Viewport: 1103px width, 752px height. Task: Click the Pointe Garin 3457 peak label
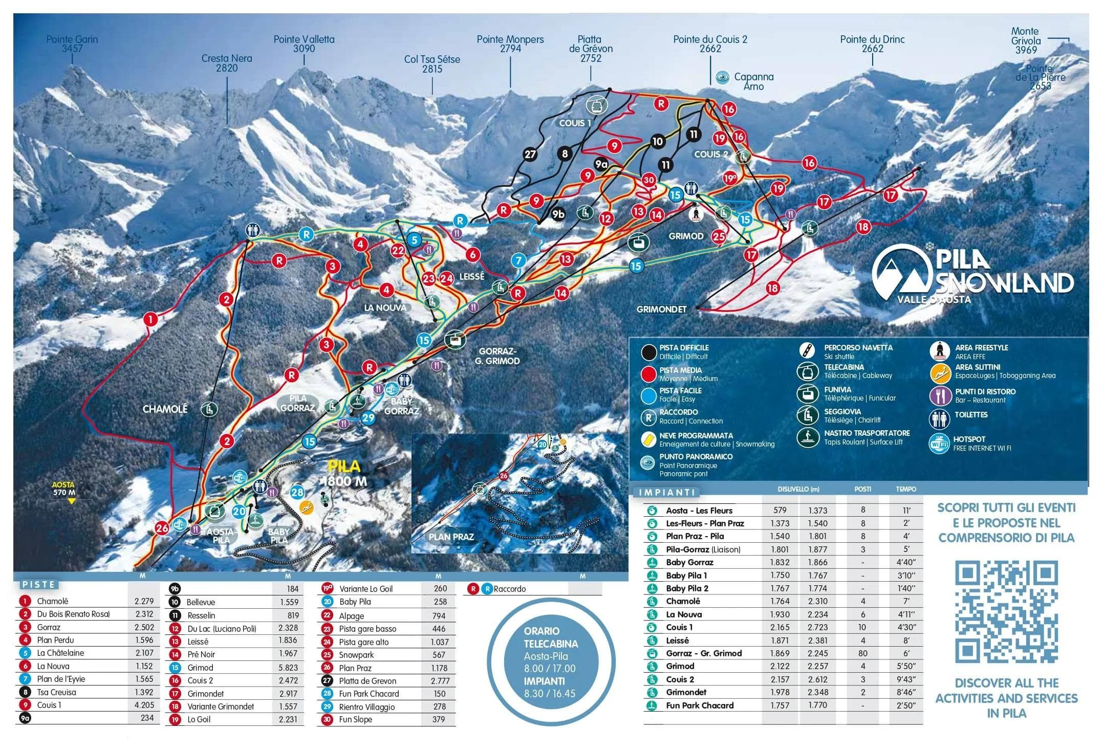(x=72, y=44)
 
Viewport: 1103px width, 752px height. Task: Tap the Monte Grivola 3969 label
(x=1026, y=40)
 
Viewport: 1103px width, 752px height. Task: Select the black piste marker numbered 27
(x=530, y=154)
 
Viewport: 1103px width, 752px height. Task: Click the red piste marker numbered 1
(x=150, y=320)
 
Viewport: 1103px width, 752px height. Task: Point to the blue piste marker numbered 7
(x=518, y=260)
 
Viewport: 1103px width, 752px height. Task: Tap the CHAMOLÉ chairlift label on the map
(x=165, y=409)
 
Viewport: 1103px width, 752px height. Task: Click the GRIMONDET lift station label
(x=661, y=309)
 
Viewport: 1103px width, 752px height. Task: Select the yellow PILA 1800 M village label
(x=344, y=473)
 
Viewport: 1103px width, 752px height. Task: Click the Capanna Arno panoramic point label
(x=753, y=81)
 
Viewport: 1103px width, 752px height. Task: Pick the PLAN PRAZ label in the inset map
(x=451, y=537)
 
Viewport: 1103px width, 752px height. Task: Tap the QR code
(x=1006, y=612)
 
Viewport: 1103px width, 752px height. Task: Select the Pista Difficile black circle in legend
(x=649, y=352)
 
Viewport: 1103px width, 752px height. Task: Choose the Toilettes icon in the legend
(x=939, y=419)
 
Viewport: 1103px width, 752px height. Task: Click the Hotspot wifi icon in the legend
(x=939, y=443)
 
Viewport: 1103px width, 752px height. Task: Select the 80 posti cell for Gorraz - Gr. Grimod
(x=862, y=653)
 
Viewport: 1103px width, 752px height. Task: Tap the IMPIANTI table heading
(x=667, y=492)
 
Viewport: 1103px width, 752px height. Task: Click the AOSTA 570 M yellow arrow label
(x=64, y=489)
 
